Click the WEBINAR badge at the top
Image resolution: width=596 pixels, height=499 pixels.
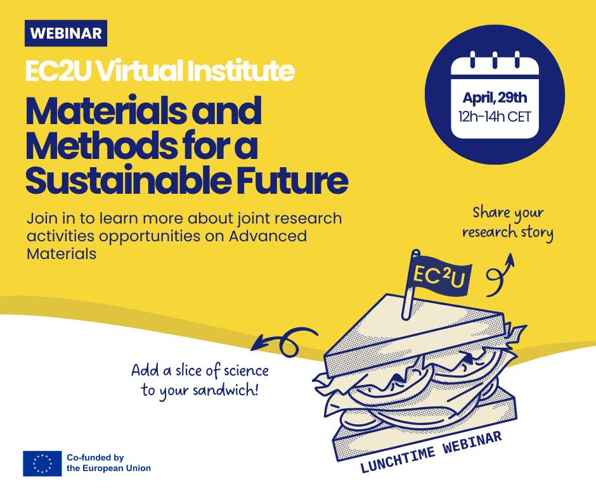[x=66, y=33]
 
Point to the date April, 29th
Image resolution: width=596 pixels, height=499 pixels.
[x=495, y=98]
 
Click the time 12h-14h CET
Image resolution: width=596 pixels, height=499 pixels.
[x=495, y=117]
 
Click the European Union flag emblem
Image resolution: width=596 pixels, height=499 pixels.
[x=42, y=464]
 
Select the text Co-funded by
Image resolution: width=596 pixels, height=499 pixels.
[x=95, y=458]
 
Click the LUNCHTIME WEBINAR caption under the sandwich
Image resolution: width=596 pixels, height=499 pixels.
[x=431, y=452]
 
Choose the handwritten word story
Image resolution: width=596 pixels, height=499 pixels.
[x=536, y=233]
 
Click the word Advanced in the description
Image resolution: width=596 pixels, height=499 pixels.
[x=268, y=236]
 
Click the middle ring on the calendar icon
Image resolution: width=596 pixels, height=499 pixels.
[x=495, y=60]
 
